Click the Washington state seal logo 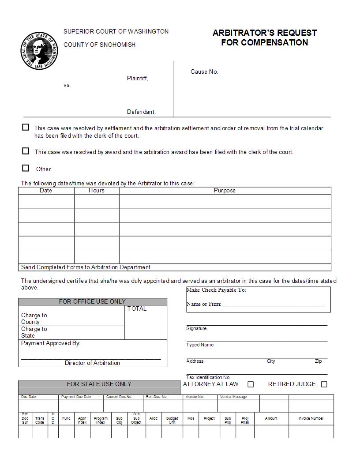[x=39, y=51]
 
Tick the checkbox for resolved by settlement [x=26, y=127]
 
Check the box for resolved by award [x=26, y=151]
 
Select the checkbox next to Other [x=26, y=168]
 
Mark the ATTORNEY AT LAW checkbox [x=251, y=384]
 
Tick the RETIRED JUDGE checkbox [x=324, y=384]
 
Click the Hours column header [x=96, y=191]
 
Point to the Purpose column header [x=225, y=191]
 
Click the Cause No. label [x=204, y=72]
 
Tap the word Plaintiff [x=137, y=79]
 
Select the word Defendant [x=141, y=112]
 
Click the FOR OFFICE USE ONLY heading [x=92, y=302]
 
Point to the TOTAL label [x=137, y=309]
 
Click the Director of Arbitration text [x=92, y=363]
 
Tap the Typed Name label [x=200, y=345]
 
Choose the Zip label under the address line [x=318, y=361]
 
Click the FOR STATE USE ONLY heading [x=99, y=384]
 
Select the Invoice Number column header [x=311, y=418]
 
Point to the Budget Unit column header [x=172, y=420]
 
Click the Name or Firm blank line [x=273, y=304]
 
